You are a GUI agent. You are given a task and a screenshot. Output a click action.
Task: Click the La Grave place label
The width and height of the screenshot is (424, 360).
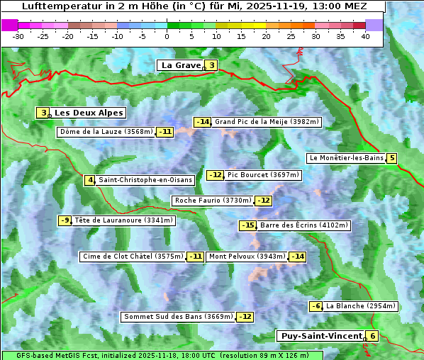181,65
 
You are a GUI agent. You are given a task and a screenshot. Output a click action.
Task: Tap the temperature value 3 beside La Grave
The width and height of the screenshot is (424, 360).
211,66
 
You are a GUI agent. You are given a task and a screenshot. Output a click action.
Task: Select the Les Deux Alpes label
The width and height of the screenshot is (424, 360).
89,113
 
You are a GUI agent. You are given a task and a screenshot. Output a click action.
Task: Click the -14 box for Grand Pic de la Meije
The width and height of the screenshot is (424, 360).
203,122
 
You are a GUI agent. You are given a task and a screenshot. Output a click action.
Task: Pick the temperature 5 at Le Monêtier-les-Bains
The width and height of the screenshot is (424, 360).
391,158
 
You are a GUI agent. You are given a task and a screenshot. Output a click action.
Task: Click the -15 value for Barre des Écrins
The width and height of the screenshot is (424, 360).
247,225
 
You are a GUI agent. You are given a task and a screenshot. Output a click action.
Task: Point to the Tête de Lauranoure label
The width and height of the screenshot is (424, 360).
124,220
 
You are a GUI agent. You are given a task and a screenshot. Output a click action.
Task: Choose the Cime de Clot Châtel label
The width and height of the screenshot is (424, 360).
133,257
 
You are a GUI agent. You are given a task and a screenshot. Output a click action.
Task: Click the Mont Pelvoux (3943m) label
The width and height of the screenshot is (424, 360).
247,257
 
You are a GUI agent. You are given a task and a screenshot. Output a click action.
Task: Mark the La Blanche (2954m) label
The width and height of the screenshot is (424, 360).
361,306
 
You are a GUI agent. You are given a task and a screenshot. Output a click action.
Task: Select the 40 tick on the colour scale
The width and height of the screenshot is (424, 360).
365,35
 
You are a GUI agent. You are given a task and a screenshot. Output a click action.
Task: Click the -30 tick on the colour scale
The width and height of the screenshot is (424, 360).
18,35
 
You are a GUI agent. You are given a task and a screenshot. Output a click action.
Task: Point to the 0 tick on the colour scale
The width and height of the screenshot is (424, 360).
167,35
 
